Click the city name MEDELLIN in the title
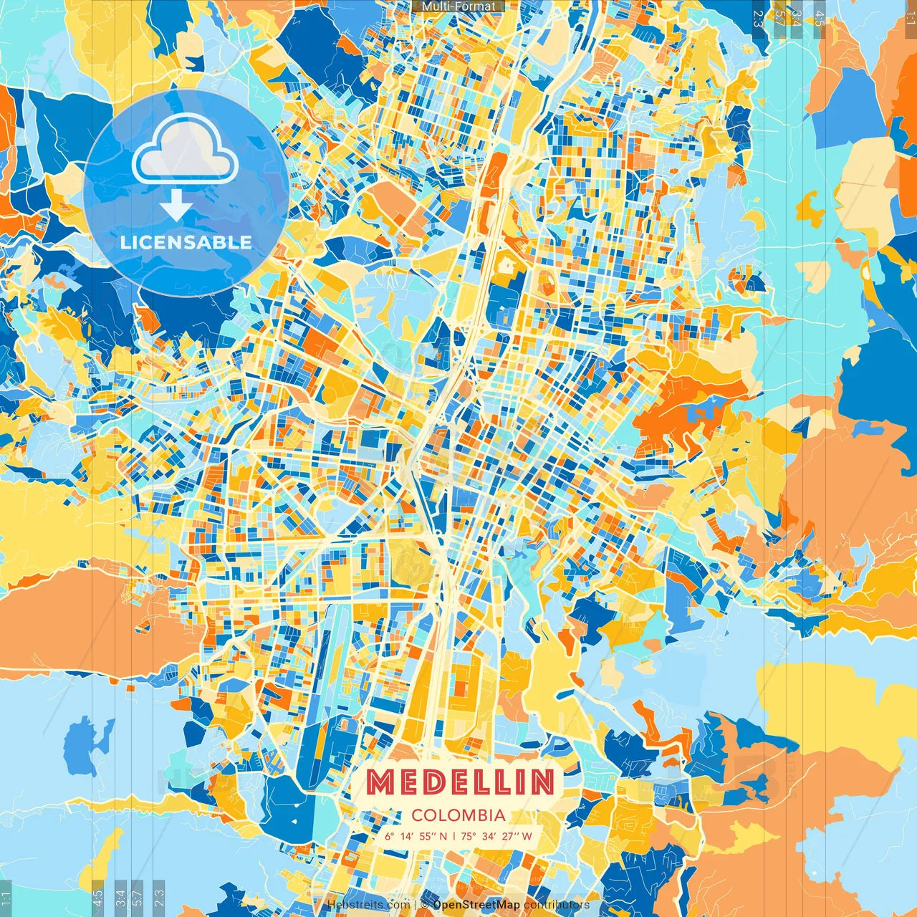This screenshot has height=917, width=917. [459, 782]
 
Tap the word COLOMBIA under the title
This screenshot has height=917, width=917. [458, 815]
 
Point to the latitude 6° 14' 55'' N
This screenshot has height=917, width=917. [416, 836]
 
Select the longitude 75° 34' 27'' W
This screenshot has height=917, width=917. [496, 836]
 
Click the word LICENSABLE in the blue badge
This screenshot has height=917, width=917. [186, 242]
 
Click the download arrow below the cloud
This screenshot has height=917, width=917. [176, 206]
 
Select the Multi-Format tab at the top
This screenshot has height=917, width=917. [458, 6]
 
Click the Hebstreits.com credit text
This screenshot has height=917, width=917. [368, 905]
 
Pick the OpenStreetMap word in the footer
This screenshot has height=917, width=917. [476, 905]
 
